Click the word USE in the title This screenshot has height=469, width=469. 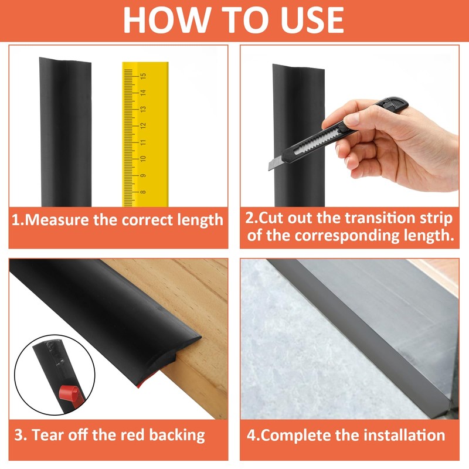click(312, 20)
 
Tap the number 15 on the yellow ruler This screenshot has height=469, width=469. click(143, 76)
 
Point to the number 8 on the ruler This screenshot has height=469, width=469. click(143, 192)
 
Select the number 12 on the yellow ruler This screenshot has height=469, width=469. click(143, 125)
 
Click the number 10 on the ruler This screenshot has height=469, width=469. click(143, 158)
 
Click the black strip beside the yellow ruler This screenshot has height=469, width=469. click(66, 132)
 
